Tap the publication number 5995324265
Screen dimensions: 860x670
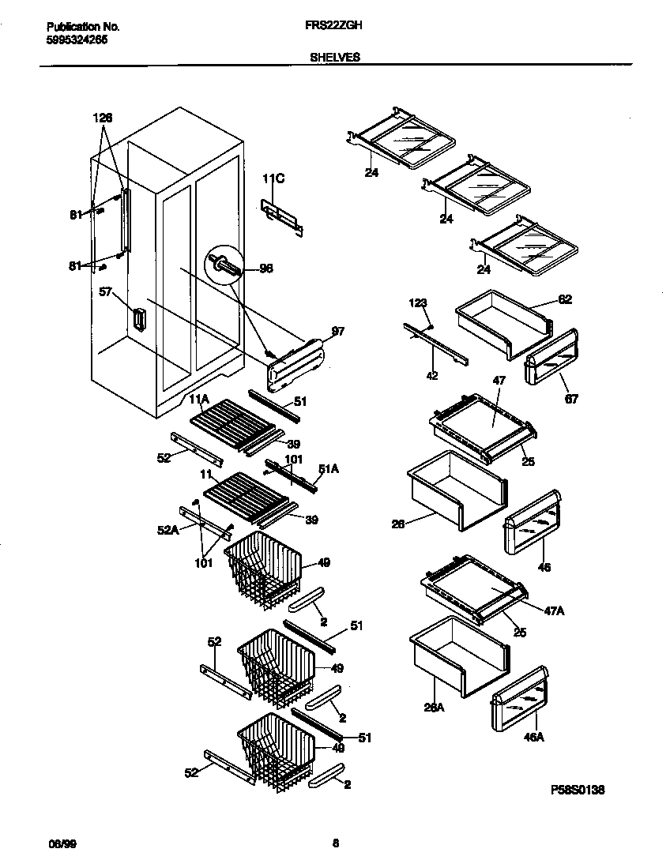[x=73, y=39]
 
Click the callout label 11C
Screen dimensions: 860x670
[x=273, y=180]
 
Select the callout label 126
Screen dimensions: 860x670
[x=103, y=118]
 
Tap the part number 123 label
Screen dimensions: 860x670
[x=418, y=302]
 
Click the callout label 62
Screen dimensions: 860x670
[x=565, y=299]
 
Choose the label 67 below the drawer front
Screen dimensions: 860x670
[x=571, y=399]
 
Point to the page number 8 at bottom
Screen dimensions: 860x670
[x=335, y=843]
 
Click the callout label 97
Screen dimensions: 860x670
[x=337, y=331]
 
